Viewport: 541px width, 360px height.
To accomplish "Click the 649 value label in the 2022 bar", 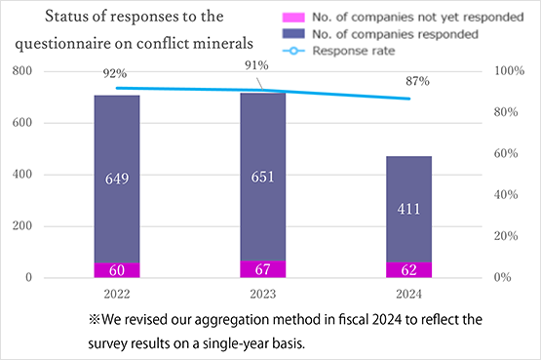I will pos(117,179).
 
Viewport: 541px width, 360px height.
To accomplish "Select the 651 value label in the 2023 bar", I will pos(263,178).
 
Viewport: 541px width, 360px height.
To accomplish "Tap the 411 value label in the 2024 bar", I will pos(409,209).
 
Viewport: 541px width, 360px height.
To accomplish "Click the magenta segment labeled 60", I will pos(117,270).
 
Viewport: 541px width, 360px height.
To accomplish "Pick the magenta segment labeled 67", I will pos(263,269).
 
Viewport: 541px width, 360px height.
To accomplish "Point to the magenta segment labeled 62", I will pos(409,270).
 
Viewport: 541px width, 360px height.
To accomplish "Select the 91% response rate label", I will pos(257,66).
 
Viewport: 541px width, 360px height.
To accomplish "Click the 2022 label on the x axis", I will pos(117,293).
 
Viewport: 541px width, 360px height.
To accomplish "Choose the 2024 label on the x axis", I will pos(409,293).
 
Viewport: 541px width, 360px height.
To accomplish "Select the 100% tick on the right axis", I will pos(508,72).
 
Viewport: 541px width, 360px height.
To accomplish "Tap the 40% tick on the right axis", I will pos(505,195).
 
